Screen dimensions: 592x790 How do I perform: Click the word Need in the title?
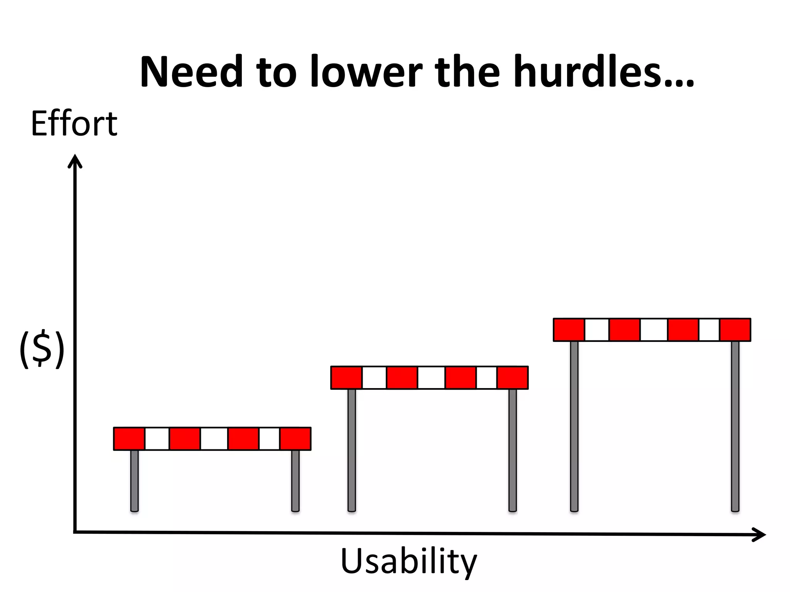191,72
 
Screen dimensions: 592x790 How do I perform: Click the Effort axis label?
74,124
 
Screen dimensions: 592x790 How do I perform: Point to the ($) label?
42,349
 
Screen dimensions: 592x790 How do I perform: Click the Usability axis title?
409,562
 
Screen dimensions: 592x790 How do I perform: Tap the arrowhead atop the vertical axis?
75,161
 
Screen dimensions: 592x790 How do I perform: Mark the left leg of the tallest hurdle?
574,426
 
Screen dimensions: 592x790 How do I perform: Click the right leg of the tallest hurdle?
735,426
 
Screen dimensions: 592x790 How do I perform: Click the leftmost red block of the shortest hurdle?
129,439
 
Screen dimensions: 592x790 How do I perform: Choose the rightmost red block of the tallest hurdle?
735,330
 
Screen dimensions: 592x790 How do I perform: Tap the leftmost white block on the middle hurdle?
374,378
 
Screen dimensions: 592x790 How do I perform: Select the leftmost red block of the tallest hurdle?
569,330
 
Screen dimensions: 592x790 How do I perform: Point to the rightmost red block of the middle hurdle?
513,378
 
